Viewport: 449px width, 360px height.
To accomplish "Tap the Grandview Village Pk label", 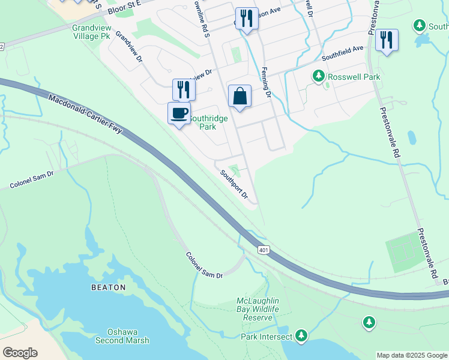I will [x=91, y=32].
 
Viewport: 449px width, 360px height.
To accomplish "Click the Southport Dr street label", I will [x=234, y=184].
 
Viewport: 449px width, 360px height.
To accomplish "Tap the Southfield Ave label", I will [x=343, y=53].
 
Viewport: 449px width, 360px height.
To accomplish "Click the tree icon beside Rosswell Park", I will [x=318, y=77].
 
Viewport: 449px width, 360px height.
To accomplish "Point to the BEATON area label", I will [x=109, y=287].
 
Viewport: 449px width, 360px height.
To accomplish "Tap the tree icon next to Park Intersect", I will [x=301, y=336].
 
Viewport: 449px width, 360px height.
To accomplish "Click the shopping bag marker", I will [x=240, y=95].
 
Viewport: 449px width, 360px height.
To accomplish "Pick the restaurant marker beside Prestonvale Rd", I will [x=387, y=40].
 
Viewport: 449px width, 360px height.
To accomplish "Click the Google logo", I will [x=20, y=353].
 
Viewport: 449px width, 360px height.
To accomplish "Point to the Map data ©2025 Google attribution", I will [x=412, y=355].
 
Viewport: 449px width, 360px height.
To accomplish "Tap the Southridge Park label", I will [x=208, y=122].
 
